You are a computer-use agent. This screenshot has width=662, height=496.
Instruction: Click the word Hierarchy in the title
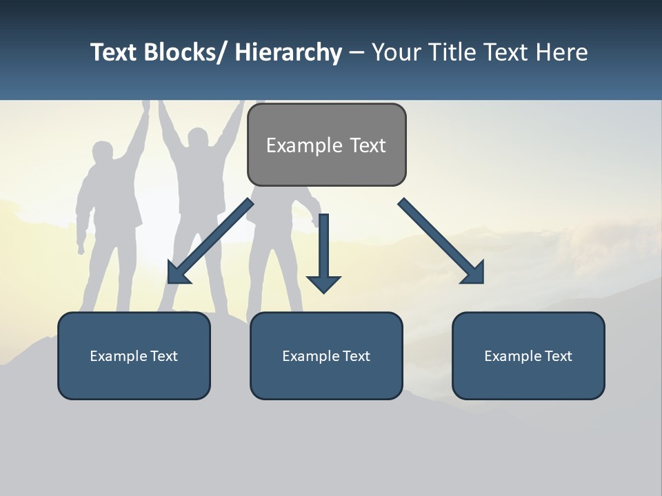tap(288, 52)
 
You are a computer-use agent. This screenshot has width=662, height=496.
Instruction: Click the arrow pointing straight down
tap(324, 255)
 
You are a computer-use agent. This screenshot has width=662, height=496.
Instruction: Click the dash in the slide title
tap(357, 52)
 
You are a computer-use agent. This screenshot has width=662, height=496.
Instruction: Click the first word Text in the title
tap(114, 52)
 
